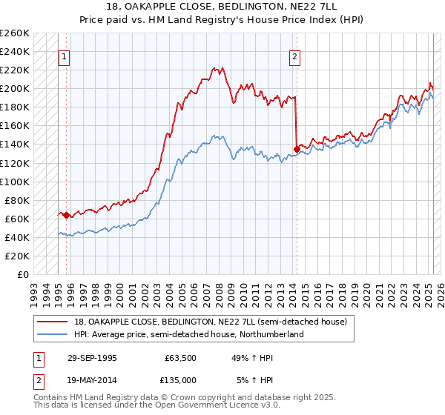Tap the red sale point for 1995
tap(67, 216)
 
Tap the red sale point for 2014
tap(297, 149)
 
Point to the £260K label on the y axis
tap(15, 33)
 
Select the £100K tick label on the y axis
tap(15, 182)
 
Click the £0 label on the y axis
tap(23, 274)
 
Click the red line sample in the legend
tap(52, 322)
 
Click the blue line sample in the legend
tap(52, 334)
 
